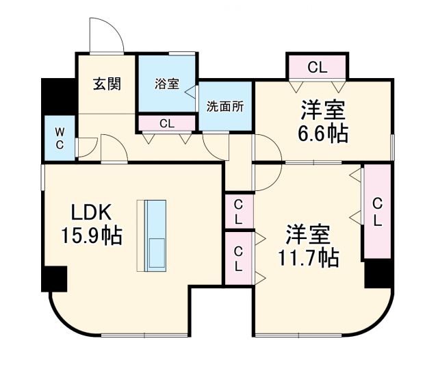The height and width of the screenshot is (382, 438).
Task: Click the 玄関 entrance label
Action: (106, 85)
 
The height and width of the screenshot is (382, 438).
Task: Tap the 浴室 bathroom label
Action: (166, 84)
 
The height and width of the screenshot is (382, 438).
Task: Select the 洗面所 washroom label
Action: (225, 106)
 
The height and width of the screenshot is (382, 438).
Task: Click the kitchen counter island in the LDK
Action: (155, 233)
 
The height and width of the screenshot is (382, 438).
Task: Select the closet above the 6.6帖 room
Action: (317, 67)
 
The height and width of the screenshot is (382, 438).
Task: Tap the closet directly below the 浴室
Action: (167, 124)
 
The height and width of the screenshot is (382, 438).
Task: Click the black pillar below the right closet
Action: (377, 274)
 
